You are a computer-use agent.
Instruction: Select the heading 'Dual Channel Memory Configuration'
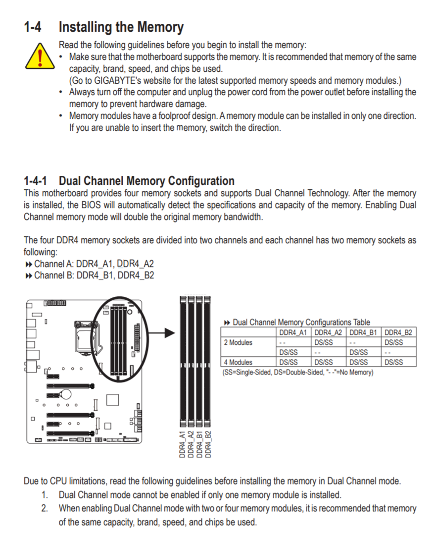point(146,181)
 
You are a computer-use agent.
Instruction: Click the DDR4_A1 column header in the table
point(293,332)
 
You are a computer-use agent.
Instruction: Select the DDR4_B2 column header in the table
point(398,332)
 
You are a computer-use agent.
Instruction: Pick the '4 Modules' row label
point(238,362)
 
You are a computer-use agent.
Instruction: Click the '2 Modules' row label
point(238,342)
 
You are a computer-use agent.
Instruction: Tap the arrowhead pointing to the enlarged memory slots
point(170,333)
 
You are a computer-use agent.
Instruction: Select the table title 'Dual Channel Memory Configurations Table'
point(301,323)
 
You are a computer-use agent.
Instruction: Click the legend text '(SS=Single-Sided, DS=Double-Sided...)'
point(297,372)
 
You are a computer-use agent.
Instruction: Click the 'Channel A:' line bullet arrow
point(28,264)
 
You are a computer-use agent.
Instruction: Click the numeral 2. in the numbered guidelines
point(45,508)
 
